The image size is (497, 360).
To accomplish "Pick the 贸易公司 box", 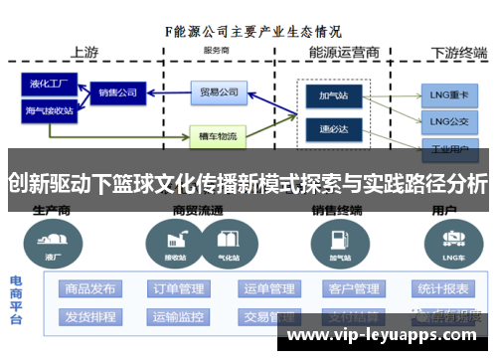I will pyautogui.click(x=219, y=92).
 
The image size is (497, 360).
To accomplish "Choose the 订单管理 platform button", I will pyautogui.click(x=178, y=289).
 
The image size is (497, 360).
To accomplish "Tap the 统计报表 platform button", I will pyautogui.click(x=442, y=289).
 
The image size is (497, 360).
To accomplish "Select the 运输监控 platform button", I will pyautogui.click(x=178, y=317).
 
